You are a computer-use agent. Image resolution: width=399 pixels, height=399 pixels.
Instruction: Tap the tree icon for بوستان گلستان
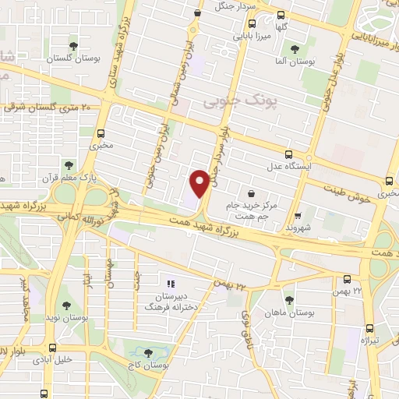point(74,46)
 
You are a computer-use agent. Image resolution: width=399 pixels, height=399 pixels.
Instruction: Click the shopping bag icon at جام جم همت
point(251,192)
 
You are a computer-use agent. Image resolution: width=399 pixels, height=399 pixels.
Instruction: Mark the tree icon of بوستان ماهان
point(289,299)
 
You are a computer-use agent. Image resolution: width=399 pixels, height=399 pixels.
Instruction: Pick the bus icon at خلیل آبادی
point(53,348)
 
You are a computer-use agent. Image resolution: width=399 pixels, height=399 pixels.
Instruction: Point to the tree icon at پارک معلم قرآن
point(69,165)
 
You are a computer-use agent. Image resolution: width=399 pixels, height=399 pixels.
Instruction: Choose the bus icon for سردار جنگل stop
point(198,12)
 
